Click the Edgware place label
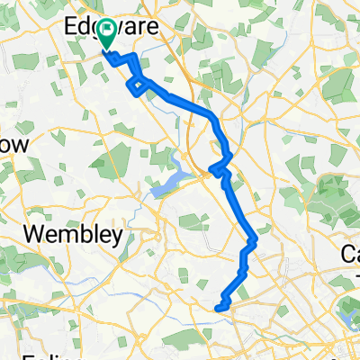click(106, 28)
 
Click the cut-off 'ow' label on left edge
click(16, 145)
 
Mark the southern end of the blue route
click(217, 309)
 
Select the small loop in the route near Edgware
click(137, 85)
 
